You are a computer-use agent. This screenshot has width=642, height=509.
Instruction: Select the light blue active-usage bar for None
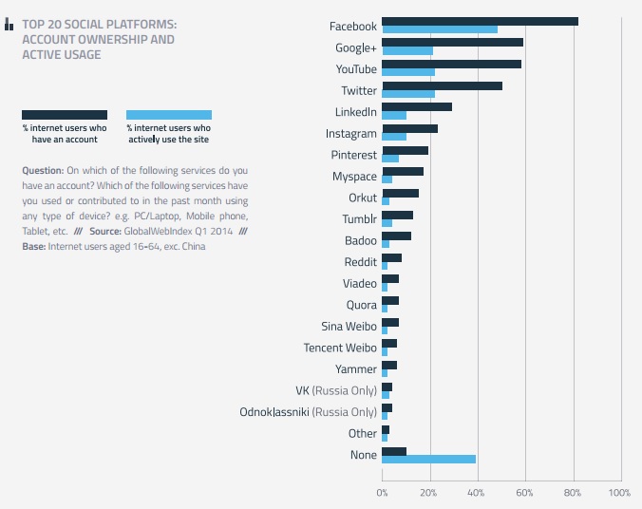click(428, 460)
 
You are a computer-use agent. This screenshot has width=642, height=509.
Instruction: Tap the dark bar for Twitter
click(442, 86)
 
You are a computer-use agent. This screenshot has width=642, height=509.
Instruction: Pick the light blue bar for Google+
click(407, 50)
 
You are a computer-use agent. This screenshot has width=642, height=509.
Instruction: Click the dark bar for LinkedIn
click(417, 107)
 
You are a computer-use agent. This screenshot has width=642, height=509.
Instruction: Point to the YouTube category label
click(356, 69)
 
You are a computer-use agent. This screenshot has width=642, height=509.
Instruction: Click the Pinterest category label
click(354, 155)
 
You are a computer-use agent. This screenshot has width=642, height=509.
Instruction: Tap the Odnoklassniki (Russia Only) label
click(309, 412)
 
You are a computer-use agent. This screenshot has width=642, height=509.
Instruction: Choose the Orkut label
click(363, 198)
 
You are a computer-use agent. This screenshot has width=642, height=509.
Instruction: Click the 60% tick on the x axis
click(524, 493)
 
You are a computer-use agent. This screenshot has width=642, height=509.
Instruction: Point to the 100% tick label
click(619, 493)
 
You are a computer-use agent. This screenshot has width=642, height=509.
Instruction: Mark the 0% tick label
click(382, 493)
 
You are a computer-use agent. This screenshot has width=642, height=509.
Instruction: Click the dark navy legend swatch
click(65, 115)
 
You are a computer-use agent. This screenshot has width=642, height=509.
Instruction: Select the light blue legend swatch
click(169, 115)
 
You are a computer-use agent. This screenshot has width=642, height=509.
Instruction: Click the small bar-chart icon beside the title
click(9, 25)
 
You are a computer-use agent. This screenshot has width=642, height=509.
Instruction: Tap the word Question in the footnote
click(43, 170)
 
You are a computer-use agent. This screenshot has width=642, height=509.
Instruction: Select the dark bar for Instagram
click(409, 129)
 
